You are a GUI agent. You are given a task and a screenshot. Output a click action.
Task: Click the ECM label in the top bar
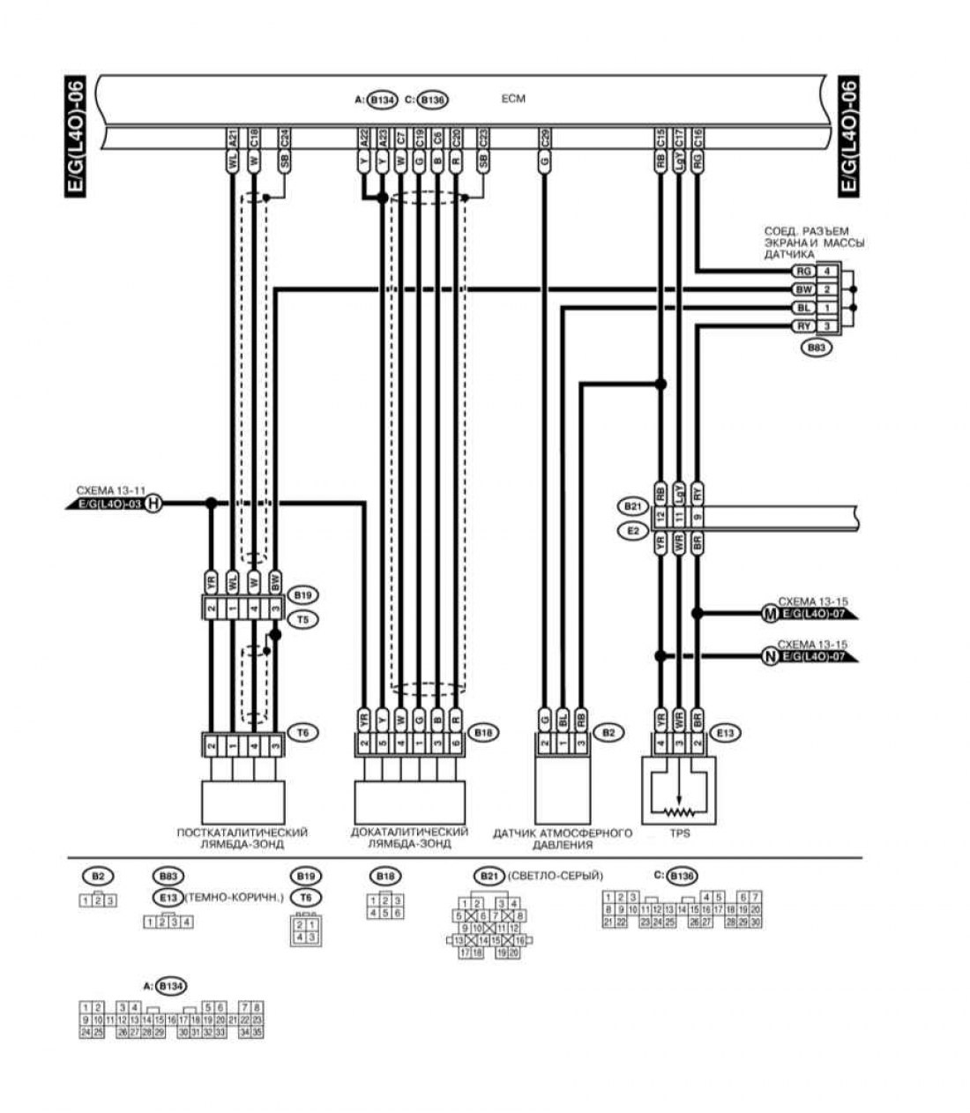(x=512, y=100)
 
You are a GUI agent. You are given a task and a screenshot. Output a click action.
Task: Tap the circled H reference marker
(x=153, y=504)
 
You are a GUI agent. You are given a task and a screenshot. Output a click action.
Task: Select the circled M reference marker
(x=769, y=611)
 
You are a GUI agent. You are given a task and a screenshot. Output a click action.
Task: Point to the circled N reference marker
(x=769, y=656)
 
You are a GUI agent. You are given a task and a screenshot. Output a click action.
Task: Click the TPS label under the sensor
(x=679, y=832)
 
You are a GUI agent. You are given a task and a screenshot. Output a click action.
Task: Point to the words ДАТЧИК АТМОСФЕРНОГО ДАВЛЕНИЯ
(x=563, y=839)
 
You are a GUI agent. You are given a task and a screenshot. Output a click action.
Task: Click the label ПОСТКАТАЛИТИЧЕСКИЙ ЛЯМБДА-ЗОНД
(x=242, y=838)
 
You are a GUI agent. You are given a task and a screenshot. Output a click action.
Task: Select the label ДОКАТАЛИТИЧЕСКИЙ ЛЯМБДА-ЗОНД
(x=408, y=838)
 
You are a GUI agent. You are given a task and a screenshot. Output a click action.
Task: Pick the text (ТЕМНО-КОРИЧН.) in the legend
(x=233, y=898)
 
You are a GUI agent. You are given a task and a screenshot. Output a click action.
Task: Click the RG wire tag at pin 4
(x=802, y=271)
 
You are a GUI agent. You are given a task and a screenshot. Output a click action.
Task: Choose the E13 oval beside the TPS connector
(x=726, y=732)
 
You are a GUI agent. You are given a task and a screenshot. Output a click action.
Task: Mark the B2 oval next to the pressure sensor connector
(x=608, y=732)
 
